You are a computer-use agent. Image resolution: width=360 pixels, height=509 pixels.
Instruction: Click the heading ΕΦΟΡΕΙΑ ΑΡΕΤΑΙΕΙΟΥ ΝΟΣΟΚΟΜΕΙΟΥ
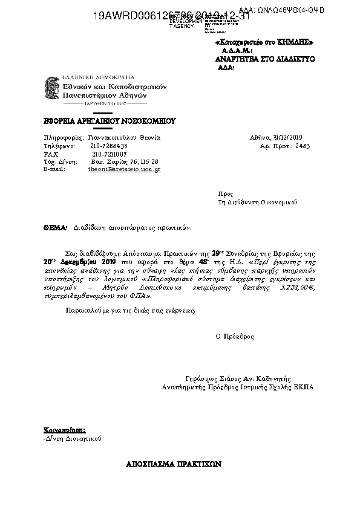click(109, 121)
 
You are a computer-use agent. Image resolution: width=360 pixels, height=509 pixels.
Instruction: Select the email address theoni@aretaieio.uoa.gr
click(124, 170)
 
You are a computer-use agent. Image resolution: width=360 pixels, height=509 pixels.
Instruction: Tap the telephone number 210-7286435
click(110, 146)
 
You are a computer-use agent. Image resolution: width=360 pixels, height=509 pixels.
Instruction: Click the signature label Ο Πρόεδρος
click(235, 336)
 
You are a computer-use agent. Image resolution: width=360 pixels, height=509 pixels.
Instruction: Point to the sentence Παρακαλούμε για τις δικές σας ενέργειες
click(130, 310)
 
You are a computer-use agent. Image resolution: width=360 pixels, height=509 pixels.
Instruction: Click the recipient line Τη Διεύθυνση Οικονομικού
click(258, 203)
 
